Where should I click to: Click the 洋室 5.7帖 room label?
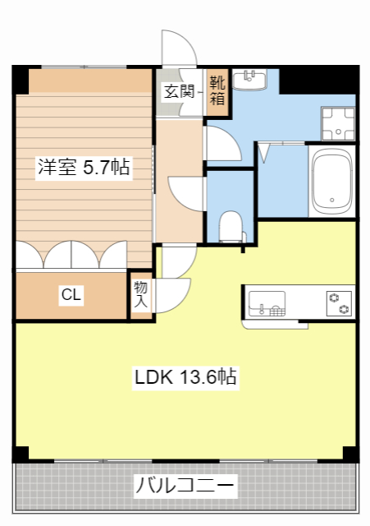click(x=82, y=167)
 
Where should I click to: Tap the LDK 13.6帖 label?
click(x=186, y=377)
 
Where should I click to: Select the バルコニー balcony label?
click(x=186, y=486)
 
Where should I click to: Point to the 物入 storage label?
click(x=141, y=295)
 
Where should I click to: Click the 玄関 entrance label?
click(x=179, y=91)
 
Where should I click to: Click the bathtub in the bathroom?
click(x=331, y=182)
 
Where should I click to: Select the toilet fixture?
click(x=232, y=226)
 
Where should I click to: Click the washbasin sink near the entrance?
click(x=250, y=80)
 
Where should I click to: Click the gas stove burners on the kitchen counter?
click(x=338, y=302)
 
